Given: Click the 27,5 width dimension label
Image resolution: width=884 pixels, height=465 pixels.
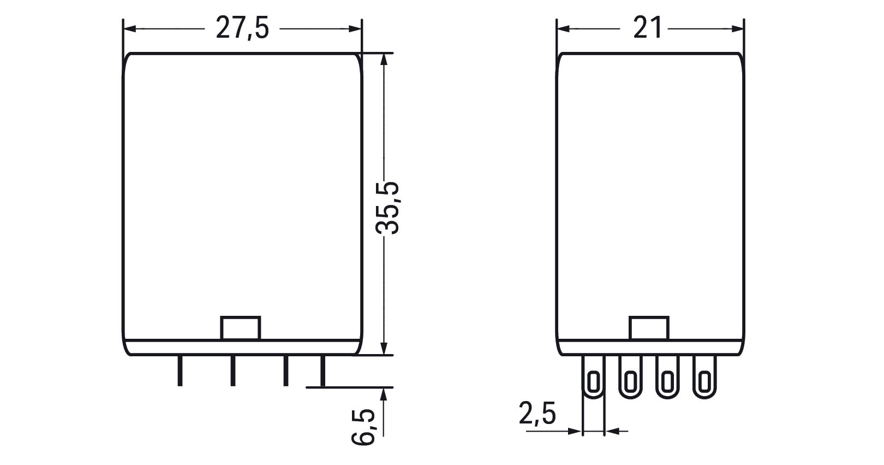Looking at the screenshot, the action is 242,28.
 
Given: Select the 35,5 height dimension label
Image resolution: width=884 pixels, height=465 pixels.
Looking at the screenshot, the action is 387,208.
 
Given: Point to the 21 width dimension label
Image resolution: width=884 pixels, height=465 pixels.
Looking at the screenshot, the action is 647,28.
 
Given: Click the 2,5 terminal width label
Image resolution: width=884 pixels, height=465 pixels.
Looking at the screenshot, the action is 537,414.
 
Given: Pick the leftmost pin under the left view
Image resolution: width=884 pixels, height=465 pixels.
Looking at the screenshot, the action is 180,370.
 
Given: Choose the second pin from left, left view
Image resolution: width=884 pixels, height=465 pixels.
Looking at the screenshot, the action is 233,370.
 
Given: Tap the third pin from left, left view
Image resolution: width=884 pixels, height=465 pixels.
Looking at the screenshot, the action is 286,370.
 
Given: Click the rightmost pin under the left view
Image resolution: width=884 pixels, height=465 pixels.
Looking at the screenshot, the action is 323,370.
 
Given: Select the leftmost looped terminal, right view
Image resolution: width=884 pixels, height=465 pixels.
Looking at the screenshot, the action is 594,377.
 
